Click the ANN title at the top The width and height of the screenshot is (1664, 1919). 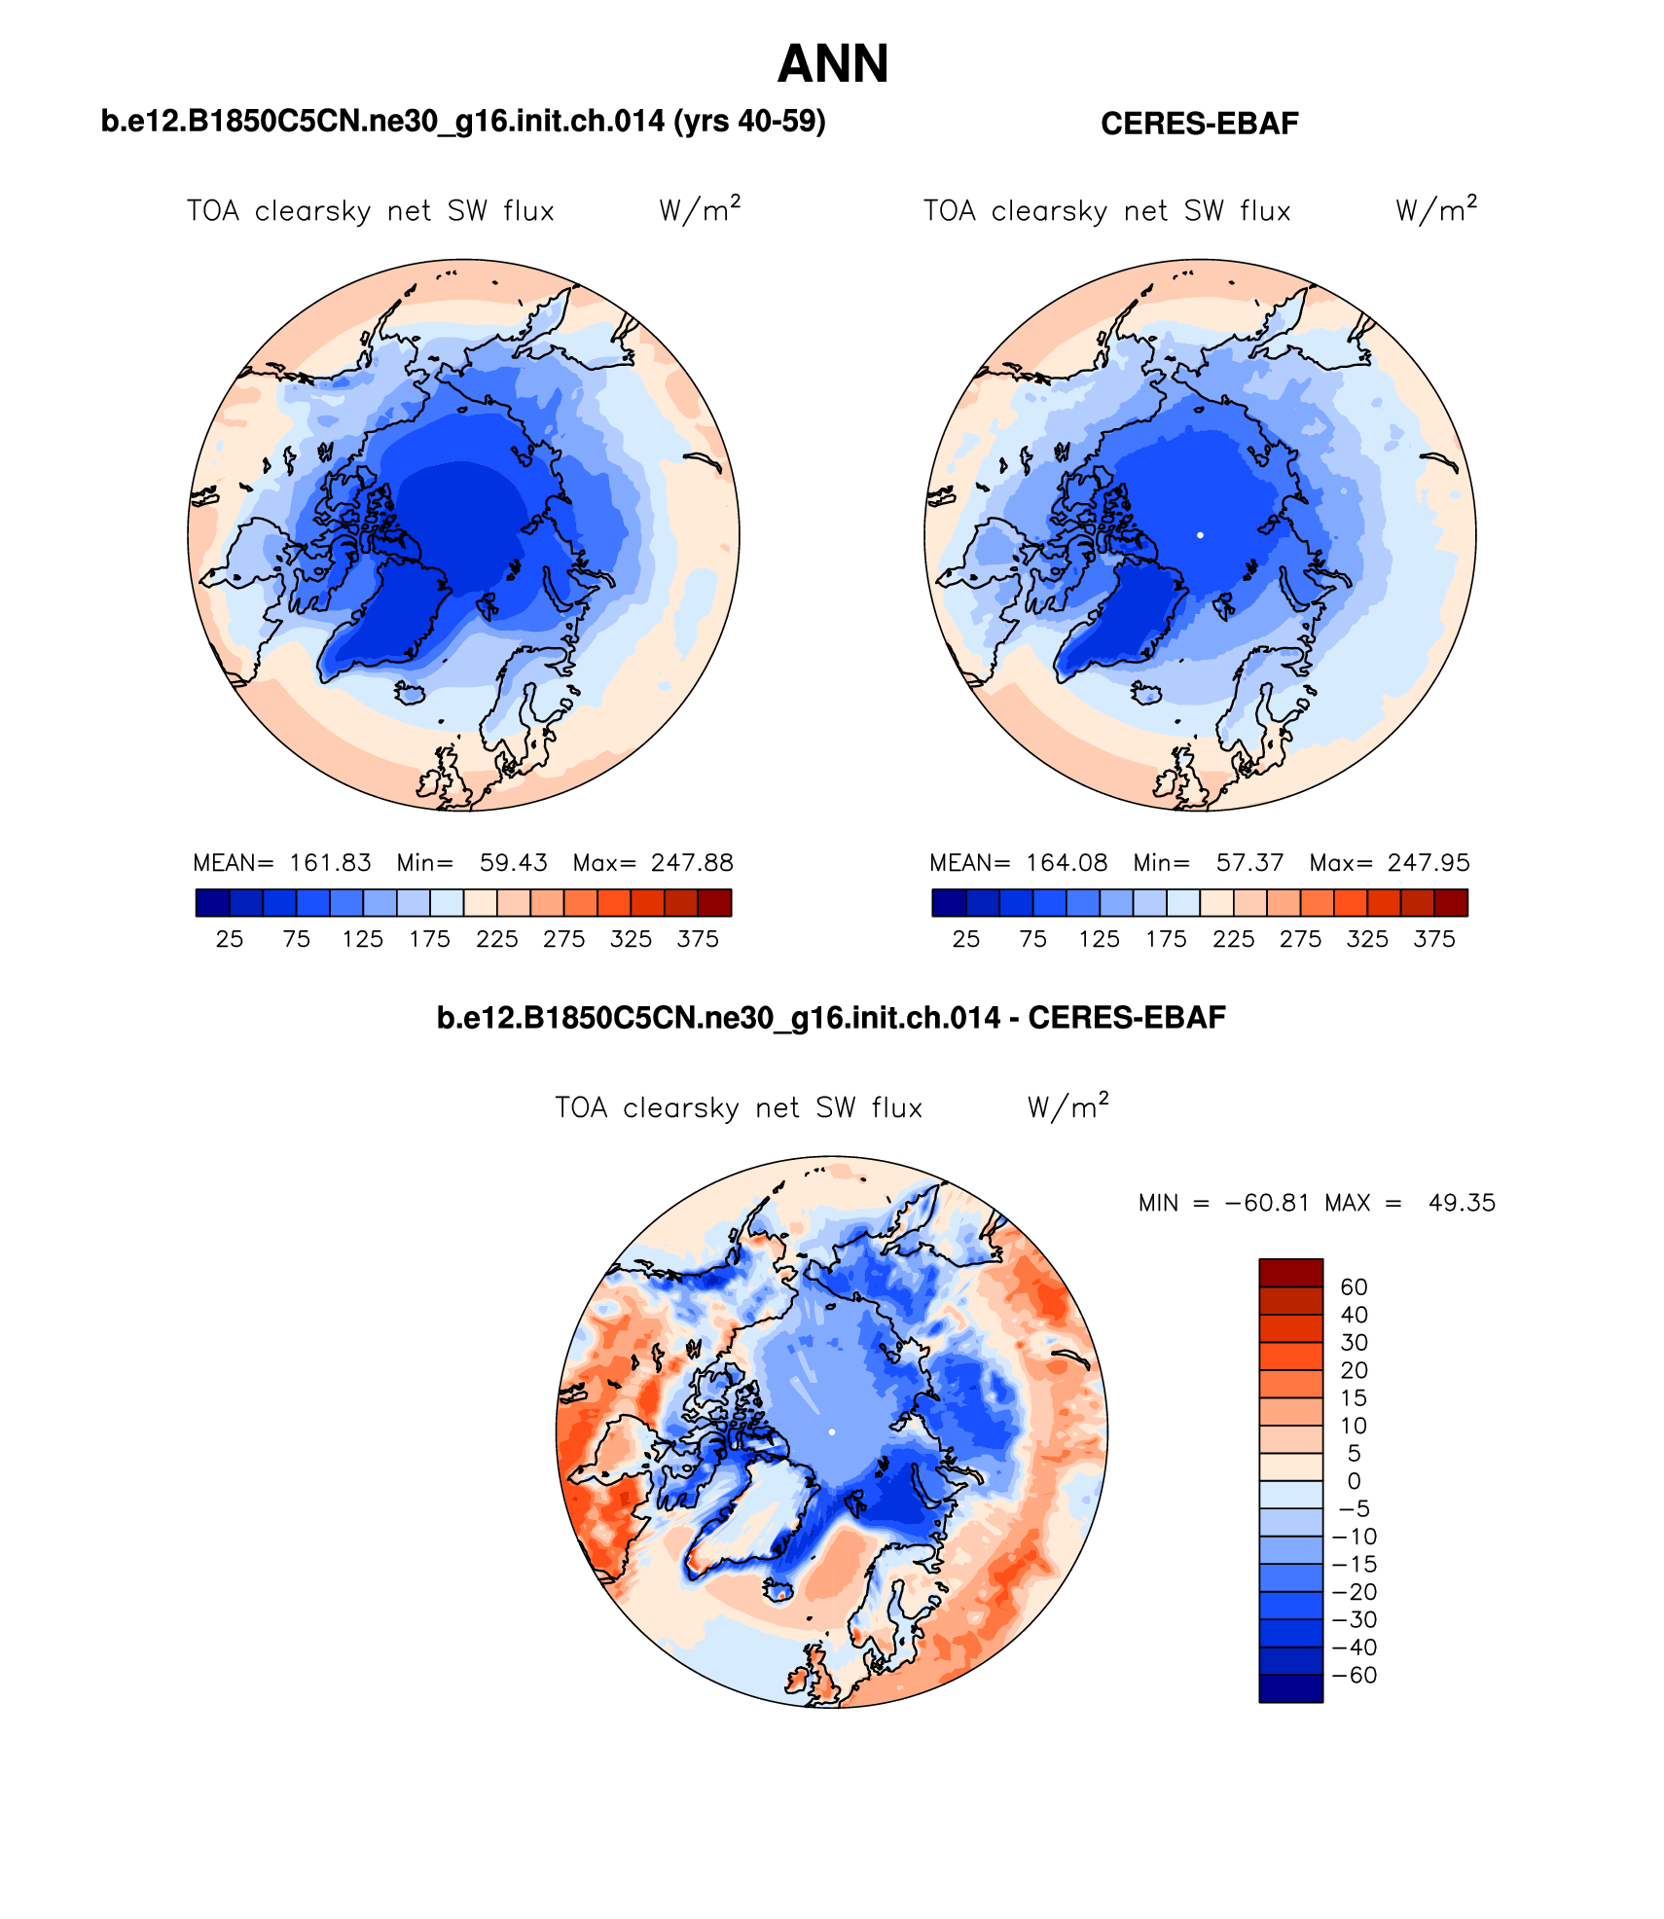click(x=833, y=64)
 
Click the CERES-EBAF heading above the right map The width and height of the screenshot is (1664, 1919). click(x=1199, y=124)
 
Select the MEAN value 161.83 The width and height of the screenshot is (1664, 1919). click(x=330, y=863)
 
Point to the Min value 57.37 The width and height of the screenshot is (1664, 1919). click(x=1249, y=863)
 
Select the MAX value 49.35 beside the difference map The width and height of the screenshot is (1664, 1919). click(x=1462, y=1203)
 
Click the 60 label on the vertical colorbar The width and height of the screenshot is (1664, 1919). click(x=1354, y=1286)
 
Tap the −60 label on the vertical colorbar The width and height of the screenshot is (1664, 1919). click(x=1354, y=1675)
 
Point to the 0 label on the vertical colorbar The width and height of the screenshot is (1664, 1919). click(x=1354, y=1481)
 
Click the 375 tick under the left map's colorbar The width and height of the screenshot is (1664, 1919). click(x=698, y=939)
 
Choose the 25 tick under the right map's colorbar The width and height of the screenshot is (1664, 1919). click(x=965, y=939)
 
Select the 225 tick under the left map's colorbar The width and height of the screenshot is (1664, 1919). click(x=496, y=939)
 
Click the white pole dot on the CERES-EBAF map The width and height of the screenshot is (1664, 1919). click(x=1200, y=535)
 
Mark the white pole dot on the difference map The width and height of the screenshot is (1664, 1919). click(x=832, y=1432)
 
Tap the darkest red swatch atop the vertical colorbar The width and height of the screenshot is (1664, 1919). click(x=1290, y=1273)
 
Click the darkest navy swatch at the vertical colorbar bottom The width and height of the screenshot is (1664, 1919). click(x=1290, y=1688)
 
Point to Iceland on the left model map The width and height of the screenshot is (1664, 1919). click(x=412, y=693)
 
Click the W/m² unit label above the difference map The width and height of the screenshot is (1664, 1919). click(x=1067, y=1107)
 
